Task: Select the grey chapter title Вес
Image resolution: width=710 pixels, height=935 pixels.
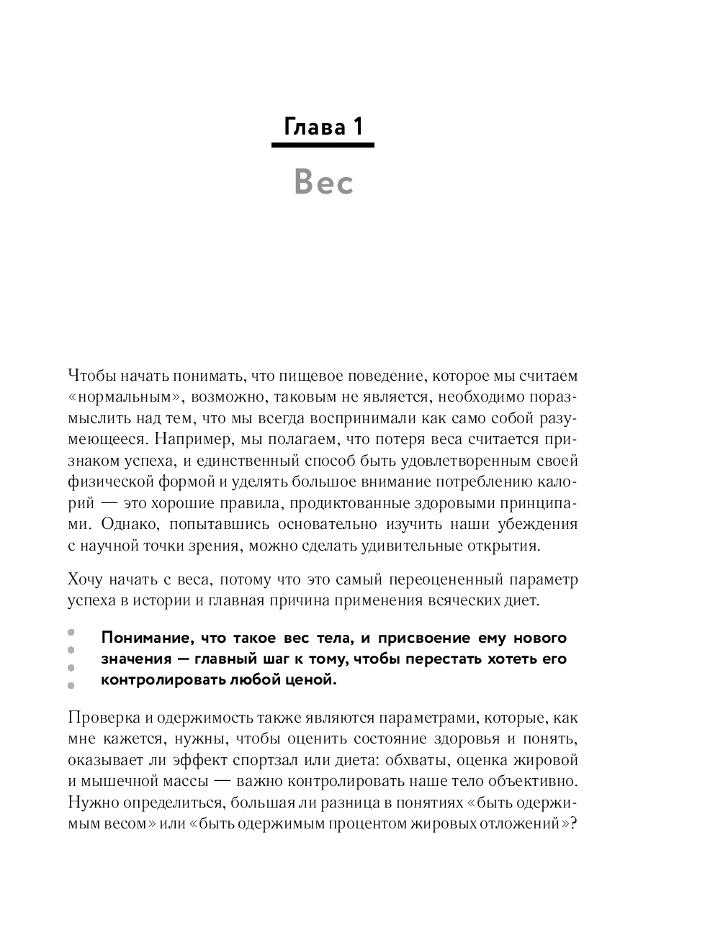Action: click(x=323, y=183)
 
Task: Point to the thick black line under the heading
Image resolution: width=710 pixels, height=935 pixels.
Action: click(x=323, y=145)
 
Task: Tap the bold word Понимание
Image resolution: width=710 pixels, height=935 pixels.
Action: click(x=146, y=638)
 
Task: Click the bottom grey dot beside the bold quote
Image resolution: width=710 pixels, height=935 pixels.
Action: click(x=71, y=685)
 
